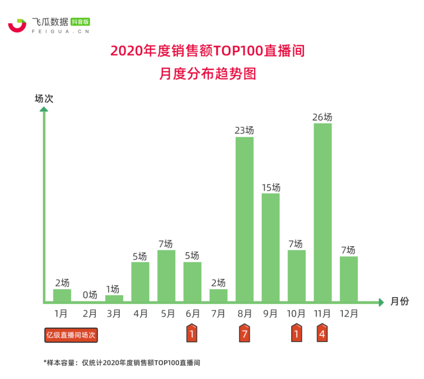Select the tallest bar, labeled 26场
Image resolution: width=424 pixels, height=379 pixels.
point(323,212)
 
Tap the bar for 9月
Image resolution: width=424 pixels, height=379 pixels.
point(270,247)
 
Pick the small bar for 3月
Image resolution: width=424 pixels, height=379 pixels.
point(114,298)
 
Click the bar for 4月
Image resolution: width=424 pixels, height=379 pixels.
point(140,282)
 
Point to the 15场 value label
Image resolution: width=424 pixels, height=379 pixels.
point(271,187)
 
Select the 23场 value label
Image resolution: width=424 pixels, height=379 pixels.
point(244,130)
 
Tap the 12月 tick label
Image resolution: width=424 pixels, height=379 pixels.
point(349,314)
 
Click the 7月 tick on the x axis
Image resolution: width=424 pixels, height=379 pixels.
point(218,314)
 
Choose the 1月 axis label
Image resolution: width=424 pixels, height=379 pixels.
point(62,314)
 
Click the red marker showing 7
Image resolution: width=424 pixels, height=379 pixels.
point(244,334)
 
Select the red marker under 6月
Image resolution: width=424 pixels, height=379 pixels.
point(192,334)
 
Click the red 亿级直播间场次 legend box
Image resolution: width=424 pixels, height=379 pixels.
point(71,335)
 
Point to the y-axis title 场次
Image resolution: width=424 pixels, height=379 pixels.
point(44,99)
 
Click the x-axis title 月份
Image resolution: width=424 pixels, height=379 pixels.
point(400,302)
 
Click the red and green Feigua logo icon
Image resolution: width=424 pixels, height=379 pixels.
point(17,25)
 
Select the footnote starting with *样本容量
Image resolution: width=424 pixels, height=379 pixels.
point(122,363)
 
